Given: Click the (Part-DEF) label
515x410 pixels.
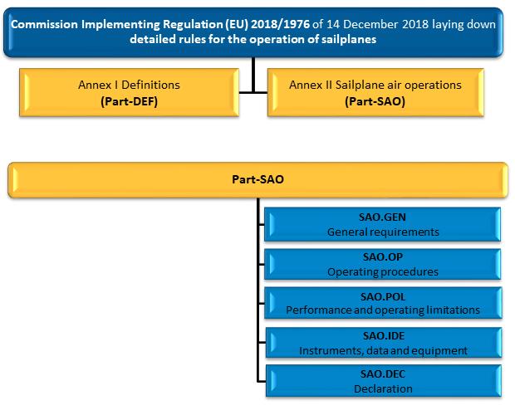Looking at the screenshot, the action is [x=129, y=101].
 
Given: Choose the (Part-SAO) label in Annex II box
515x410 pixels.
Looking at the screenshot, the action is [x=375, y=101].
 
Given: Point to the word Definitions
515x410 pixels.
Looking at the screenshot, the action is [x=150, y=85].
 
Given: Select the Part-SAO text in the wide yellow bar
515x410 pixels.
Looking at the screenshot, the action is [x=257, y=179].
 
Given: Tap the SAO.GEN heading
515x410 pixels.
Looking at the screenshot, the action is [x=382, y=217].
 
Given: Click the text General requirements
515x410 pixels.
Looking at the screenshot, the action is [x=383, y=232].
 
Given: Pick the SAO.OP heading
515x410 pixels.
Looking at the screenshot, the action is [x=383, y=257].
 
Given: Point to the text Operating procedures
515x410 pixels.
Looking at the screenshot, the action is [x=383, y=272].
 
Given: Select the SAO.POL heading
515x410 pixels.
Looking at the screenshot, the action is [x=383, y=297].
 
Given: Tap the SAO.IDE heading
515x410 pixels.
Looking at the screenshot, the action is [x=384, y=336].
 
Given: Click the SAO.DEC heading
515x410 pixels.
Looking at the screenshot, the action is [x=383, y=373].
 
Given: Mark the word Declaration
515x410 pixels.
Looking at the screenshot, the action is [x=383, y=389].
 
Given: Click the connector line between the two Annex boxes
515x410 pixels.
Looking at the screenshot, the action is [x=253, y=93].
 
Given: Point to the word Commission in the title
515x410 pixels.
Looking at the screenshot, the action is [x=44, y=24].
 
